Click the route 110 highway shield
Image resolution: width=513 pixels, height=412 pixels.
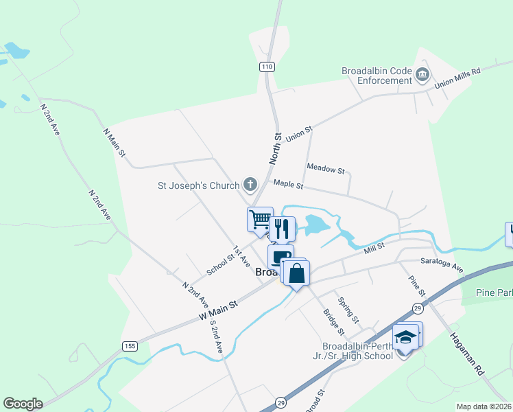pyautogui.click(x=267, y=67)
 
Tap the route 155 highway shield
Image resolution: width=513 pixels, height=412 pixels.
pyautogui.click(x=130, y=345)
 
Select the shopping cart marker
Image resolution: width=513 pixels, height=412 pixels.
pyautogui.click(x=260, y=220)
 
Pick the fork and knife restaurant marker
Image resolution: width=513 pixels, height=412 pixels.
pyautogui.click(x=281, y=228)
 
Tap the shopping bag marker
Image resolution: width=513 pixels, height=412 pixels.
pyautogui.click(x=296, y=273)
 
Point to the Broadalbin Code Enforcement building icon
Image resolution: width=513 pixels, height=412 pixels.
pyautogui.click(x=422, y=75)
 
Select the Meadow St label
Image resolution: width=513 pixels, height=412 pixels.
pyautogui.click(x=326, y=168)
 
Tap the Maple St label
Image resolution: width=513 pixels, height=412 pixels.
pyautogui.click(x=288, y=184)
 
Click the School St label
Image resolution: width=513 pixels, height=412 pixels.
pyautogui.click(x=221, y=261)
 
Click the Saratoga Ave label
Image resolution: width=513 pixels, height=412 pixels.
pyautogui.click(x=442, y=267)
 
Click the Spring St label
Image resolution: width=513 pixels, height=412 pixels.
pyautogui.click(x=348, y=310)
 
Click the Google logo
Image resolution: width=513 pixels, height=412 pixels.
pyautogui.click(x=23, y=404)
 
